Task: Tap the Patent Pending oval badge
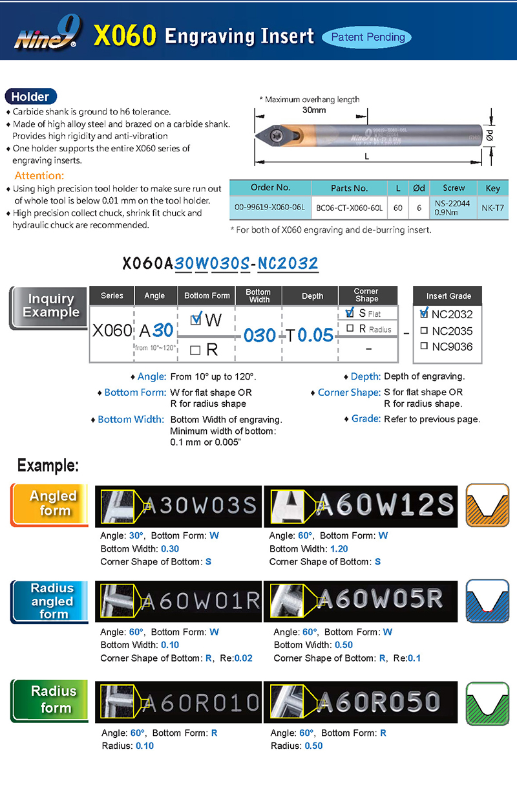pyautogui.click(x=368, y=37)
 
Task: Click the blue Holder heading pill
pyautogui.click(x=30, y=96)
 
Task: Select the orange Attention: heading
pyautogui.click(x=39, y=176)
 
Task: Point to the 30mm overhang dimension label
pyautogui.click(x=314, y=110)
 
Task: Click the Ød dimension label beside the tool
pyautogui.click(x=491, y=136)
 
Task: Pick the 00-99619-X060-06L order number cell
pyautogui.click(x=270, y=209)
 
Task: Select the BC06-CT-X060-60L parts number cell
pyautogui.click(x=349, y=209)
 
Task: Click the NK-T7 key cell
pyautogui.click(x=492, y=209)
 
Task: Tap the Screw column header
pyautogui.click(x=454, y=188)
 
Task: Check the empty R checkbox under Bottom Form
pyautogui.click(x=195, y=350)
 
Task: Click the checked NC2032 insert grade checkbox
pyautogui.click(x=424, y=314)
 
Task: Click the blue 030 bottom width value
pyautogui.click(x=260, y=335)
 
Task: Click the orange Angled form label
pyautogui.click(x=53, y=503)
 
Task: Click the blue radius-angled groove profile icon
pyautogui.click(x=488, y=602)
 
